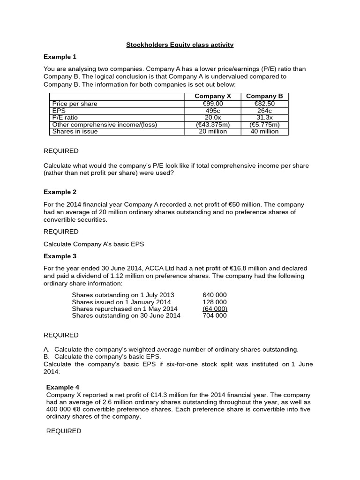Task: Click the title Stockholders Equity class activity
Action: [180, 45]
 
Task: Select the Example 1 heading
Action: [60, 57]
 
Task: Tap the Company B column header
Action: [264, 96]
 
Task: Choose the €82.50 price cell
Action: [264, 104]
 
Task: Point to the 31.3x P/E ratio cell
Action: [264, 118]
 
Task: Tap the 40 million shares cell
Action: [264, 132]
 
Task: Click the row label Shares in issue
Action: [75, 132]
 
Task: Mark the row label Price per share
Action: [75, 104]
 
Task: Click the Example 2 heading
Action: [60, 192]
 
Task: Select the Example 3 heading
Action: [60, 256]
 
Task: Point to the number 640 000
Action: [215, 295]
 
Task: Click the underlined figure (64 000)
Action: [215, 309]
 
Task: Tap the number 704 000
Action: [215, 316]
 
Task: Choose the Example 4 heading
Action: [63, 387]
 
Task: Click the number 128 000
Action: [215, 302]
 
